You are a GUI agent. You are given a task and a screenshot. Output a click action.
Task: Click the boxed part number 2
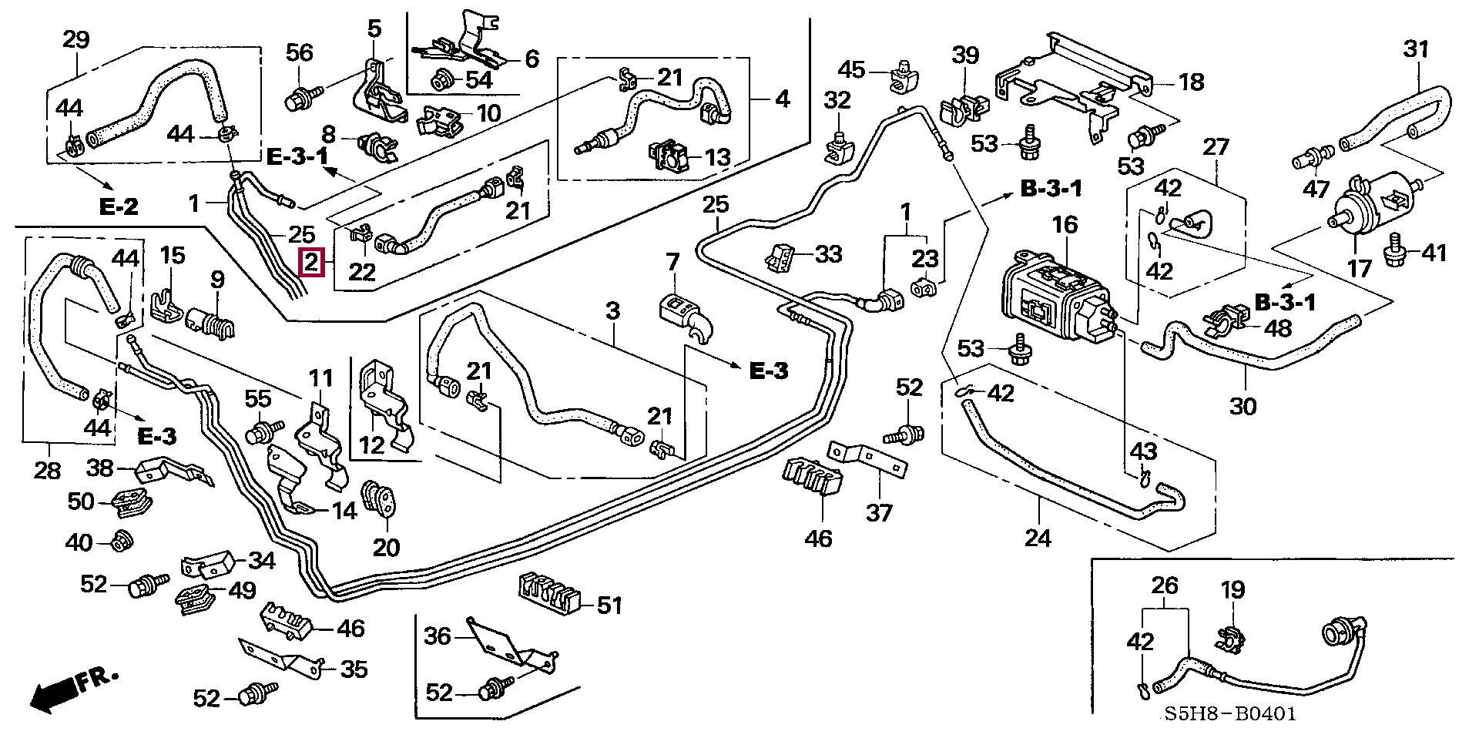pos(311,263)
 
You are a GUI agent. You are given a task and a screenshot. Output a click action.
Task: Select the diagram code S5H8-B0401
pos(1229,714)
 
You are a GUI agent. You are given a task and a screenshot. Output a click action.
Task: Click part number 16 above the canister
pos(1065,225)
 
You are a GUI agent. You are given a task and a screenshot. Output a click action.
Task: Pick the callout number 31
pos(1416,49)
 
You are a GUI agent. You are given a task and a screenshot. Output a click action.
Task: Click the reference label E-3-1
pos(297,156)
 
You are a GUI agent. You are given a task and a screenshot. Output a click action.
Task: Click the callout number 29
pos(75,39)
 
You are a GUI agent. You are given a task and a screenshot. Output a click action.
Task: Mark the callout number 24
pos(1038,537)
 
